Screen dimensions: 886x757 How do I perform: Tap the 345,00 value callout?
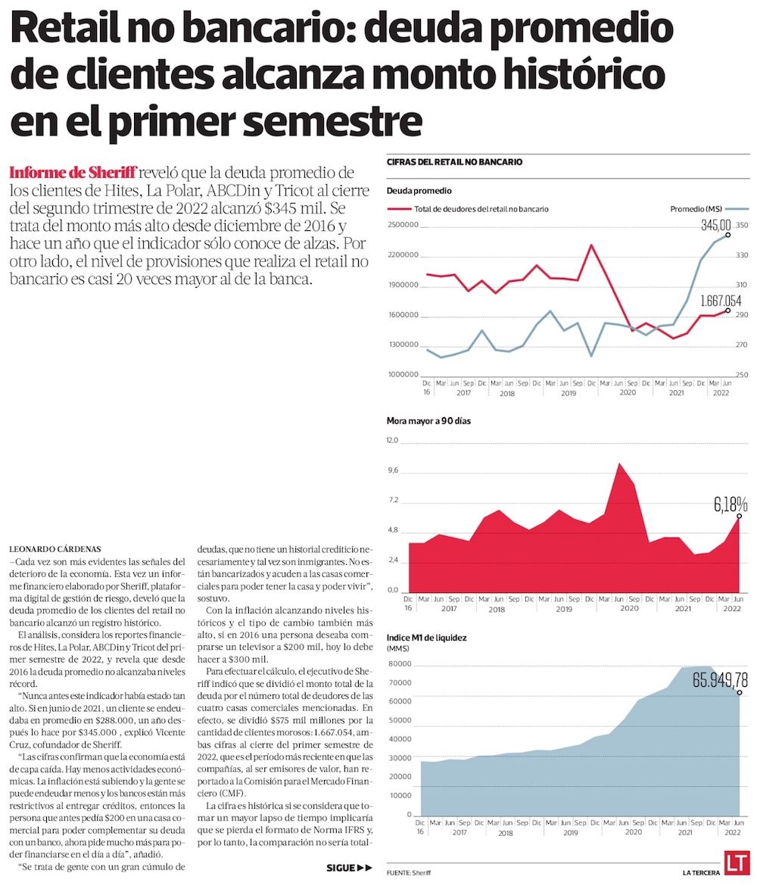715,225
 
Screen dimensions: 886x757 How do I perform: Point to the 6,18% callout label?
731,504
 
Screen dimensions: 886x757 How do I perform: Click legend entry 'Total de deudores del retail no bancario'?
469,208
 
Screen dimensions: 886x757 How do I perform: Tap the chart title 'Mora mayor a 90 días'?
428,420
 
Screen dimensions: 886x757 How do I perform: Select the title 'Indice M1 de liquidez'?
426,638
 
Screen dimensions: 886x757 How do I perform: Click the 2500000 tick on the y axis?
403,225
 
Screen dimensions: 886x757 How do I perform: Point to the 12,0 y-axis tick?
392,441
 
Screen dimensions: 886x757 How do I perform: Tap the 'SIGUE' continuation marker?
349,868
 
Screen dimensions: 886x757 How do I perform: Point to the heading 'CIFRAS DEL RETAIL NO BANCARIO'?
454,162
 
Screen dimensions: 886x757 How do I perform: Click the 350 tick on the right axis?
741,225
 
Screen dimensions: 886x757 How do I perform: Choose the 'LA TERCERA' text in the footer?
700,873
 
